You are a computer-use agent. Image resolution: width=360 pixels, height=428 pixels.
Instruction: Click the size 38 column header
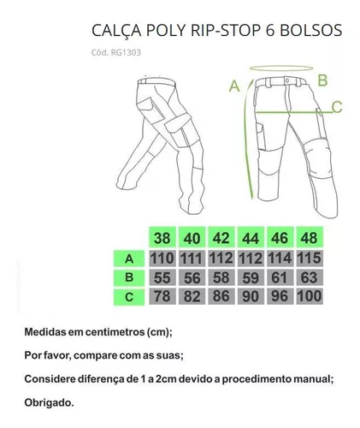coord(162,237)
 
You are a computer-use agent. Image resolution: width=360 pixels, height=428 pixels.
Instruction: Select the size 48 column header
coord(310,237)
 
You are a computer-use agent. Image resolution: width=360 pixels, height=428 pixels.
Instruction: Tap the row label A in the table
coord(129,259)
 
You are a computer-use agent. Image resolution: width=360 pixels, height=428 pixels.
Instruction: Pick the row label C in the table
coord(129,297)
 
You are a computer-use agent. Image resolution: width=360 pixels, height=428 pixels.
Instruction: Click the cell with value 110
coord(162,259)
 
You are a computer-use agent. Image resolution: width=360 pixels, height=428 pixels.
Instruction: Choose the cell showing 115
coord(310,259)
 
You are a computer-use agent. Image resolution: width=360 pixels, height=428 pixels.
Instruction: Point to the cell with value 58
coord(221,277)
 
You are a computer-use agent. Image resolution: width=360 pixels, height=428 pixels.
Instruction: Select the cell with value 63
coord(310,277)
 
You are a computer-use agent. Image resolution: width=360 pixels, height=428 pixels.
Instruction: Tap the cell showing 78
coord(162,296)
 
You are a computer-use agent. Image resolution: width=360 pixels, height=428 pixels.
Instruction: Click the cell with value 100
coord(310,296)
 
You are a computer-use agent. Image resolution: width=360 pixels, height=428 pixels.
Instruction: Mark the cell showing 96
coord(280,296)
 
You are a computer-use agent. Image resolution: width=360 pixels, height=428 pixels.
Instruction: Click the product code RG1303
coord(126,52)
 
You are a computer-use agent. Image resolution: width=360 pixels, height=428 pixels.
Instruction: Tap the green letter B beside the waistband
coord(322,80)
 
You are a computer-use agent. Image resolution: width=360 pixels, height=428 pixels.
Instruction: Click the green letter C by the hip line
coord(337,107)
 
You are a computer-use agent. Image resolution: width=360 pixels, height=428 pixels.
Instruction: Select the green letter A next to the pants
coord(234,86)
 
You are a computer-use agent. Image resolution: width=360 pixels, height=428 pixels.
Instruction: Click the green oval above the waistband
coord(281,66)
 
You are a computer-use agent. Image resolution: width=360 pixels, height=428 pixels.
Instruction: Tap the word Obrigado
coord(49,402)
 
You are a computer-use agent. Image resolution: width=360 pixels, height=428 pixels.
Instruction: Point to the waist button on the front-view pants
coord(287,81)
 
